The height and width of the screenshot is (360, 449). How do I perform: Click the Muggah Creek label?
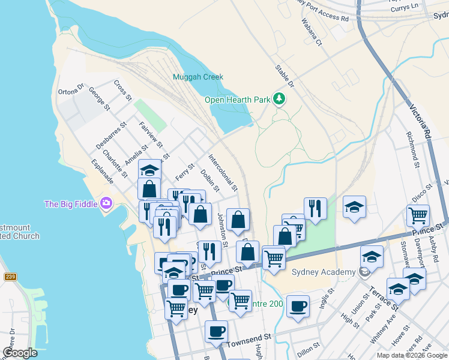(x=197, y=77)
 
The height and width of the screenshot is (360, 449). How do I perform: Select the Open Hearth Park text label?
(x=237, y=100)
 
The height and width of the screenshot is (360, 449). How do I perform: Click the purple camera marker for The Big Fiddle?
(x=106, y=203)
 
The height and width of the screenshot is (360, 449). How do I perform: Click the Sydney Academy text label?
(x=323, y=272)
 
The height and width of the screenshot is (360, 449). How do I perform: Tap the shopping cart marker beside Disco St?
(x=418, y=214)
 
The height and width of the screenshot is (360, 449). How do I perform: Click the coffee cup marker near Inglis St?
(x=298, y=306)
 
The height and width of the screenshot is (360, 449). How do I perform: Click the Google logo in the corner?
(x=20, y=353)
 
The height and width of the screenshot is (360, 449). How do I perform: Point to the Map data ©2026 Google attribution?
(x=411, y=355)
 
